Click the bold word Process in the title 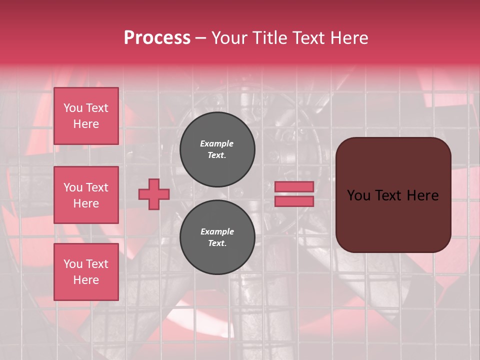pos(157,38)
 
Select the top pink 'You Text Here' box pos(86,116)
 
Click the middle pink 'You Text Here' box pos(86,195)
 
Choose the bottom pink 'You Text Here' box pos(86,271)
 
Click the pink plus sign pos(153,194)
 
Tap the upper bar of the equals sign pos(294,186)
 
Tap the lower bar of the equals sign pos(294,201)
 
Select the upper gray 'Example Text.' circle pos(217,149)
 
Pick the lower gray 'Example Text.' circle pos(217,237)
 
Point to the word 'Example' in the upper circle pos(217,143)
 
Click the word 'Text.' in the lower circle pos(217,243)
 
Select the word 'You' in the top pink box pos(73,108)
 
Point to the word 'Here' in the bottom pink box pos(86,280)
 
